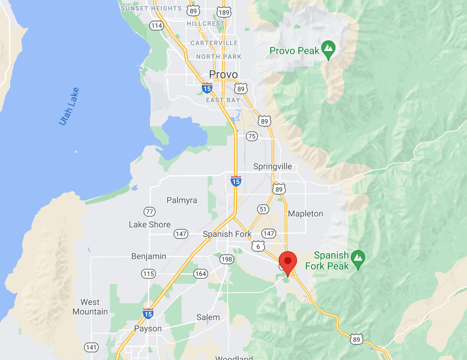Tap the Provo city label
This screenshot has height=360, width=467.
tap(223, 75)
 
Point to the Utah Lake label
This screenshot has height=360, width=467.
tap(69, 107)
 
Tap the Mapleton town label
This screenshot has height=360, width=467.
tap(305, 214)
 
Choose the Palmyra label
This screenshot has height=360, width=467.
tap(182, 200)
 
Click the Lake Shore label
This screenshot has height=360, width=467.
tap(150, 224)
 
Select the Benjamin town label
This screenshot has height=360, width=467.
tap(149, 256)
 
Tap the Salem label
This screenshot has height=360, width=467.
tap(208, 317)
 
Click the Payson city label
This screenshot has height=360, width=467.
tap(148, 329)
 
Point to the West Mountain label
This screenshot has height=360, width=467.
tap(90, 307)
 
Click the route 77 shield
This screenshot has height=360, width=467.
tap(150, 211)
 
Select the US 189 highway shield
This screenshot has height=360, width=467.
tap(223, 12)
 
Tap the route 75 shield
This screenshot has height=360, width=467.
tap(252, 137)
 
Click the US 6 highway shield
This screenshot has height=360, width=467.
tap(258, 246)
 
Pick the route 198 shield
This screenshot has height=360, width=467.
tap(226, 260)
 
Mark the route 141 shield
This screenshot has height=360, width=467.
tap(91, 347)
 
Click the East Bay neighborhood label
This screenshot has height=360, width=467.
tap(223, 100)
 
